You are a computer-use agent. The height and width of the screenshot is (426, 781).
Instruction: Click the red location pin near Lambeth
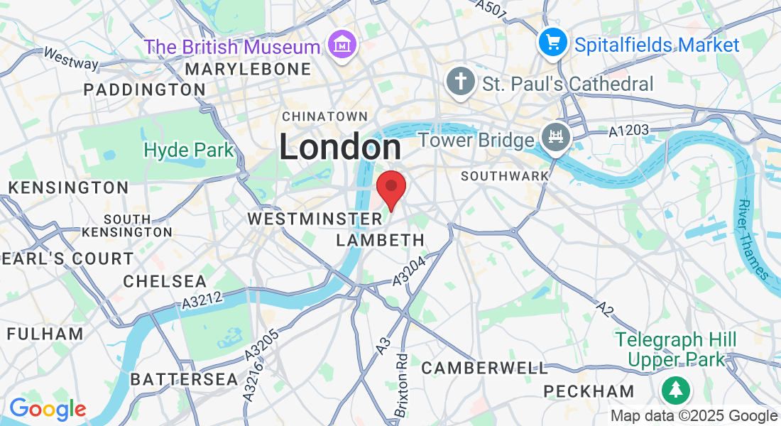tap(390, 187)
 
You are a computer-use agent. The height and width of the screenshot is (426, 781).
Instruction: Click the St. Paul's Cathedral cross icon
tap(460, 82)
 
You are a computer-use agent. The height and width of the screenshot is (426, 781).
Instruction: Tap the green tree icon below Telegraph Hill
tap(675, 389)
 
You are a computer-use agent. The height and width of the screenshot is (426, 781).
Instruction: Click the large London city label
tap(339, 148)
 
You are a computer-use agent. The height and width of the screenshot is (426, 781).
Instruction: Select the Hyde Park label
tap(188, 151)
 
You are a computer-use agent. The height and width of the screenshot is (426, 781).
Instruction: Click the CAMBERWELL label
tap(485, 368)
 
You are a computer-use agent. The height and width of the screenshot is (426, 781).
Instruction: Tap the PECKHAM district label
tap(589, 391)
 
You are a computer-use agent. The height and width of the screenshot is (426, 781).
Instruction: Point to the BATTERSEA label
tap(185, 379)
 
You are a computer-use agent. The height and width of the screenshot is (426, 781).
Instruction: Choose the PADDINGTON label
tap(144, 89)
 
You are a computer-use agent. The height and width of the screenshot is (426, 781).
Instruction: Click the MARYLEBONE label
tap(248, 69)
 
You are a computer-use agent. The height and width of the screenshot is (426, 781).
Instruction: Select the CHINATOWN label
tap(325, 116)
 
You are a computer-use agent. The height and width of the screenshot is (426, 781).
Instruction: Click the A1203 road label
tap(629, 131)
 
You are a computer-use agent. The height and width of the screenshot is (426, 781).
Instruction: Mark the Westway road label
tap(71, 58)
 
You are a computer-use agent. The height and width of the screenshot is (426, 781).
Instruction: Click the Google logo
tap(48, 409)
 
